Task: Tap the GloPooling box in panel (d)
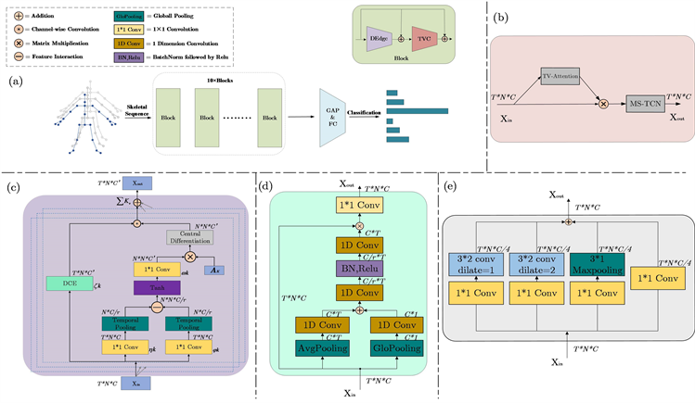(400, 348)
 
